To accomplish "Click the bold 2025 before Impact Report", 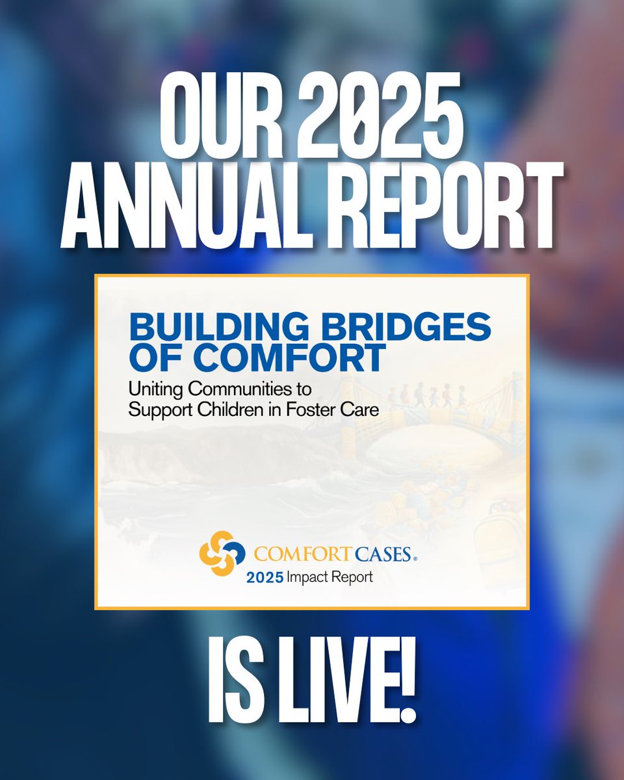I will pos(264,577).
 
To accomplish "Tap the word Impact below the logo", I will pos(309,577).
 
